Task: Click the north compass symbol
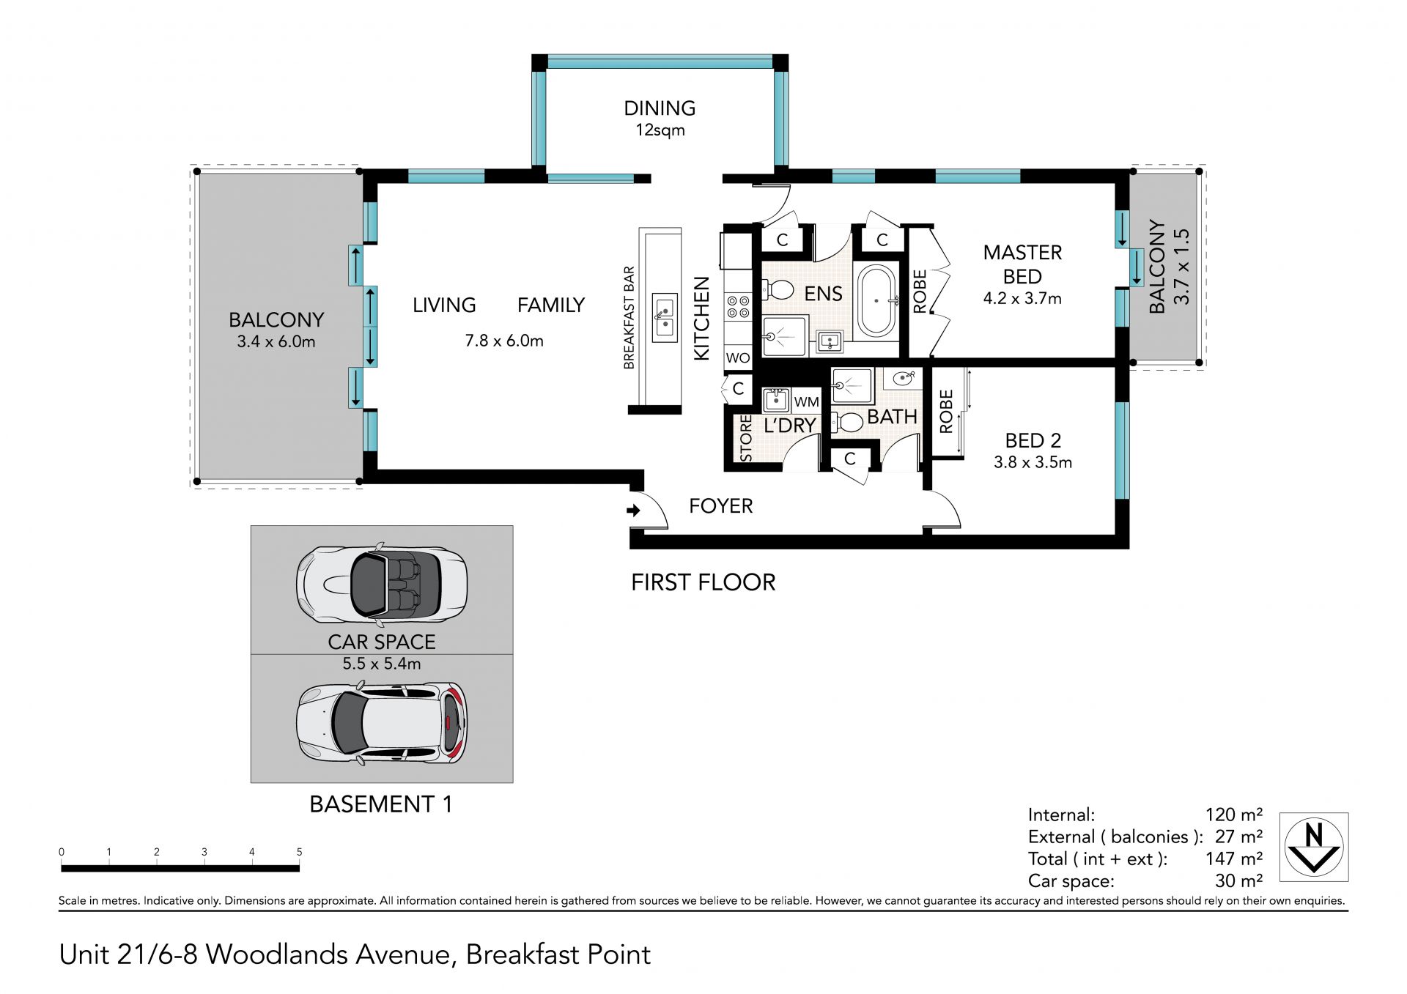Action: (1314, 847)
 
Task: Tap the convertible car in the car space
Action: (381, 585)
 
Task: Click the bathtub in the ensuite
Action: (877, 301)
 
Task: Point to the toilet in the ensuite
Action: (778, 290)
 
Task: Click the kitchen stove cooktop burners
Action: (738, 306)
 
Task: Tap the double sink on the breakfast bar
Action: (665, 316)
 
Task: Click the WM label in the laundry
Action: (806, 402)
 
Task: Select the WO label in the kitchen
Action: (738, 358)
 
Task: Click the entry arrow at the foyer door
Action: (634, 510)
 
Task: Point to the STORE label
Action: (746, 439)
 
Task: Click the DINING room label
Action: (660, 108)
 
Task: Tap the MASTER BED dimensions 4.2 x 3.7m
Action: (1022, 299)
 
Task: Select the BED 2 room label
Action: (1033, 440)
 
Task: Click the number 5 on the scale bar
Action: (299, 852)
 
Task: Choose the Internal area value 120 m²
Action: (1234, 815)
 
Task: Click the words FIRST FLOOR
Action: (703, 582)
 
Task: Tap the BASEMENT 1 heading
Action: (381, 804)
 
